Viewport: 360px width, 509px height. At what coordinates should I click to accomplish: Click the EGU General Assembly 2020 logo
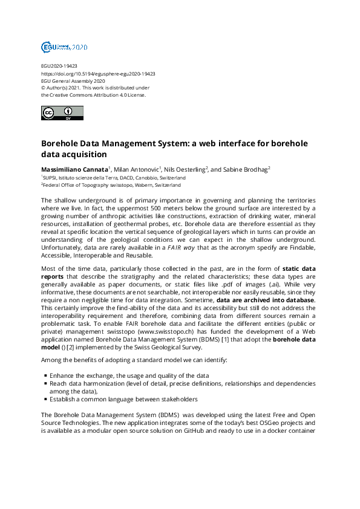click(x=64, y=47)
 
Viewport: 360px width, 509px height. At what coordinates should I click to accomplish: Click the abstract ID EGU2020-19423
click(x=59, y=66)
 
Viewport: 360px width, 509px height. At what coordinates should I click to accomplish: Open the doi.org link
click(x=98, y=73)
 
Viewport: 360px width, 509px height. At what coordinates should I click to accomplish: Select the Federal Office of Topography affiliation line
click(x=111, y=186)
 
